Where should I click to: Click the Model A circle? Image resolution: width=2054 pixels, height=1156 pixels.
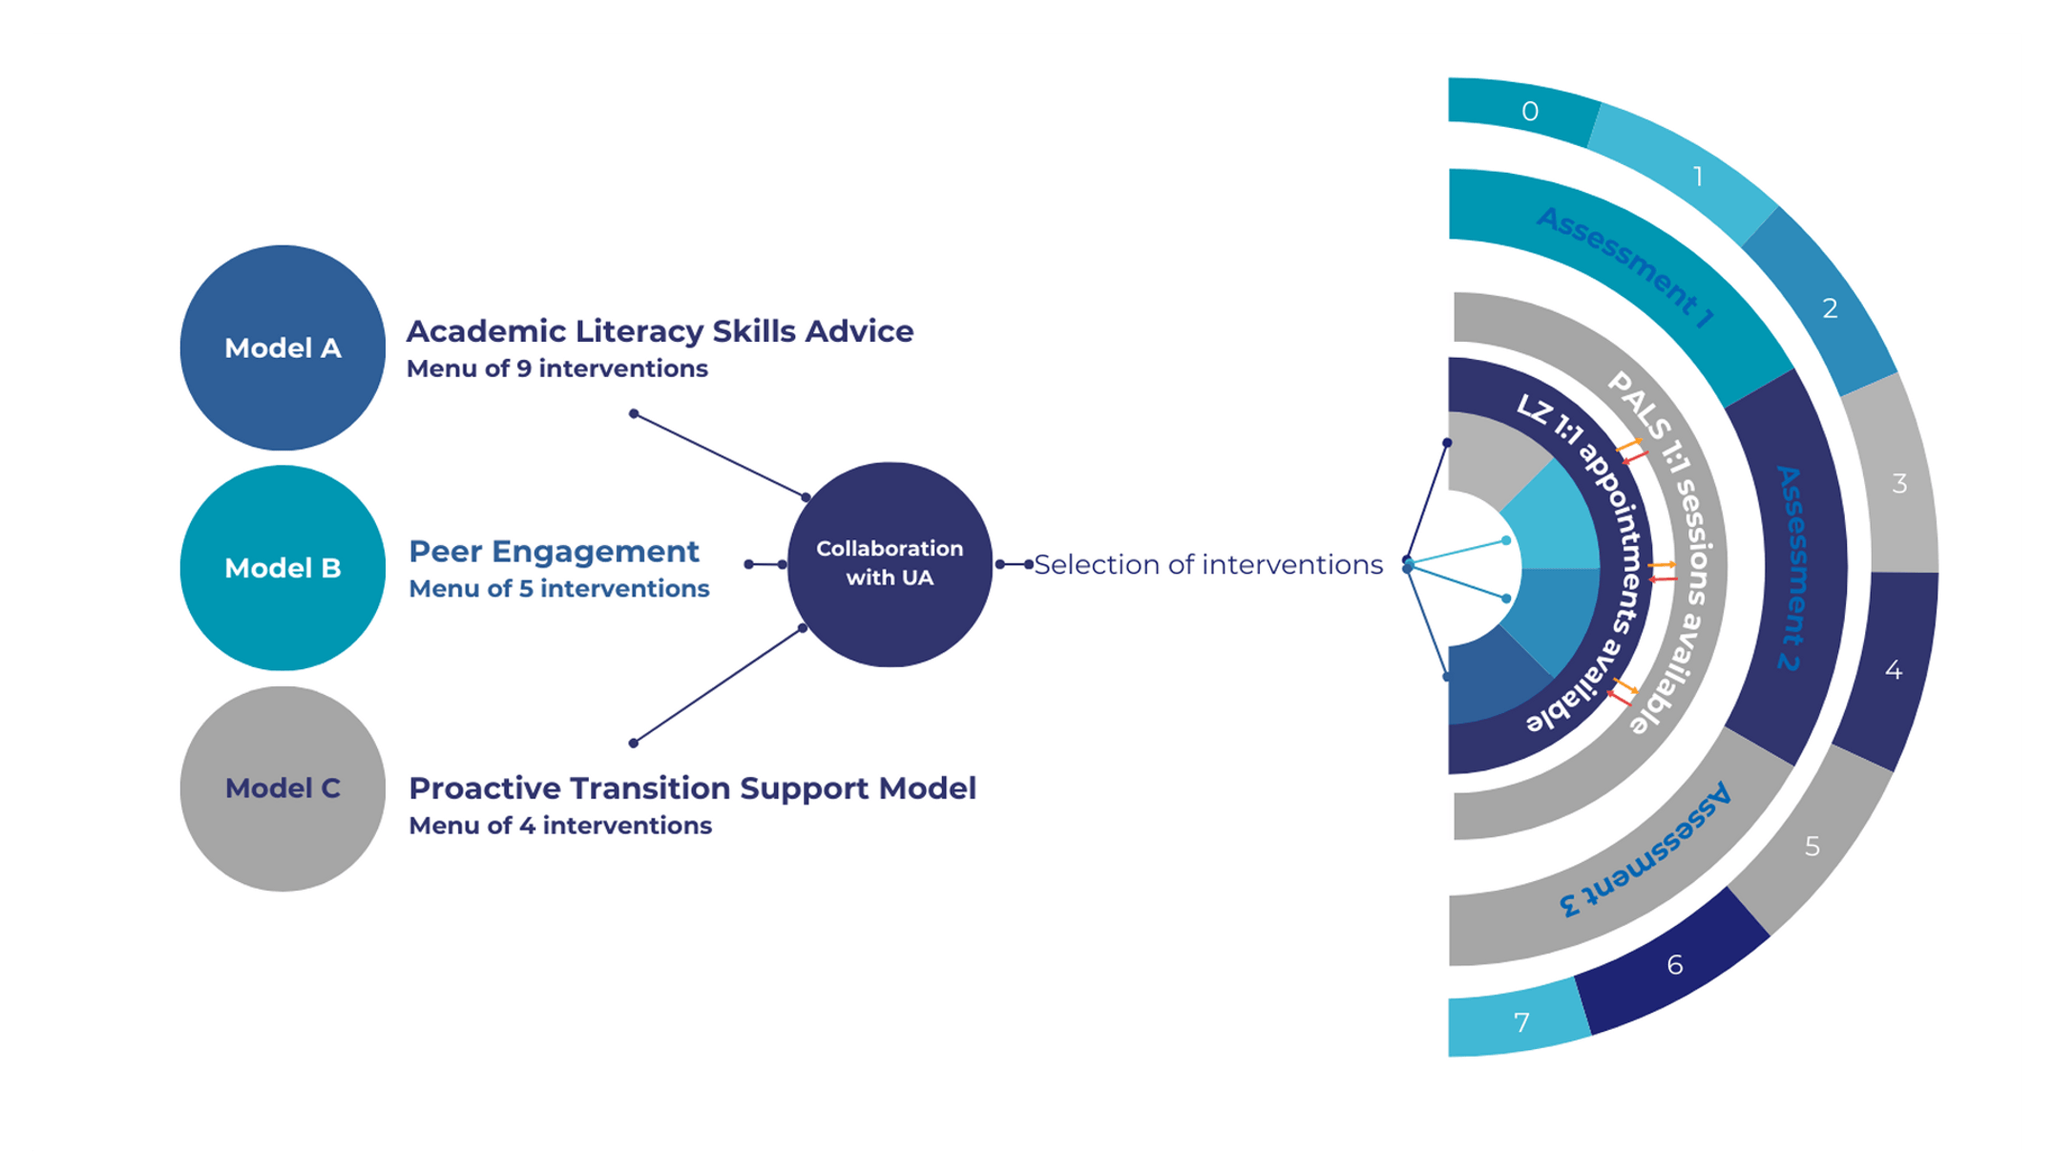pyautogui.click(x=283, y=347)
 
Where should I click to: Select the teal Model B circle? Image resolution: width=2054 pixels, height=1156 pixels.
pyautogui.click(x=283, y=568)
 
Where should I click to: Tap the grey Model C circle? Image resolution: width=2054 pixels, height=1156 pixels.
pyautogui.click(x=283, y=788)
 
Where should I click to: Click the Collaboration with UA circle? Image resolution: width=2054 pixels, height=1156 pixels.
pyautogui.click(x=890, y=563)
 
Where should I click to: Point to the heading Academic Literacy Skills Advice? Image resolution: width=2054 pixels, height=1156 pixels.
pyautogui.click(x=660, y=331)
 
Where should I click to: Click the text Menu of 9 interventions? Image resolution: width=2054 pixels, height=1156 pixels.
pyautogui.click(x=557, y=368)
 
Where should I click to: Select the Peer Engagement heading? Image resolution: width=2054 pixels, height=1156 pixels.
pyautogui.click(x=554, y=552)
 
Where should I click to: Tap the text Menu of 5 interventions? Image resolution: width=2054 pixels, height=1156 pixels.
pyautogui.click(x=559, y=589)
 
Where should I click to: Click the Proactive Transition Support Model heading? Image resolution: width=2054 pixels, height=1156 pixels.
pyautogui.click(x=692, y=788)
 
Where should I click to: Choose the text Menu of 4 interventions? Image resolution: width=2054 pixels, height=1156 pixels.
pyautogui.click(x=560, y=826)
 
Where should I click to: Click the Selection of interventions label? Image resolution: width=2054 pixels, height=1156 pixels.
pyautogui.click(x=1208, y=565)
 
